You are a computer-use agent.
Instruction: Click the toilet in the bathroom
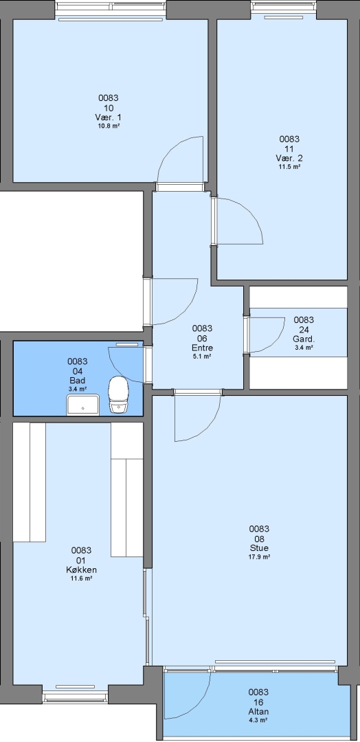118,395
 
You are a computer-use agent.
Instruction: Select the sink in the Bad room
82,405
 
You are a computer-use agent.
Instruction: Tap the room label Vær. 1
109,117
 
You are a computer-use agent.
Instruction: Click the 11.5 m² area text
289,166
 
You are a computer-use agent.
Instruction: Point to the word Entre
202,348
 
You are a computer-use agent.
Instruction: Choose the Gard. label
304,339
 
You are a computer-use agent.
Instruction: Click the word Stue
259,548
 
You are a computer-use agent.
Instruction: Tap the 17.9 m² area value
259,557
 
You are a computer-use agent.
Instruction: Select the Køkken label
81,570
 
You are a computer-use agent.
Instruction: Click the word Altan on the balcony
258,711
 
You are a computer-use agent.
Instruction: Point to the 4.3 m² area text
258,720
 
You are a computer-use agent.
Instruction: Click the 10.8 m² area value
109,126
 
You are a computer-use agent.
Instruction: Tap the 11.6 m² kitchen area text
81,578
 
